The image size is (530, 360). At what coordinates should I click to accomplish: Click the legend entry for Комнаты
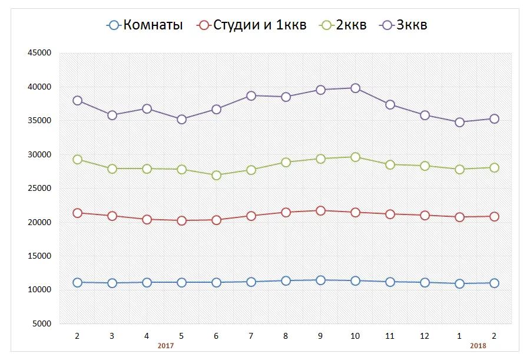pos(145,25)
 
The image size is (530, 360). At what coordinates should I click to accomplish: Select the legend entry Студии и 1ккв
pos(253,25)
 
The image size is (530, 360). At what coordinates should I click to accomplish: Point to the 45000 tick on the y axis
pos(39,53)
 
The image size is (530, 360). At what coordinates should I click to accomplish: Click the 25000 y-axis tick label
pos(39,189)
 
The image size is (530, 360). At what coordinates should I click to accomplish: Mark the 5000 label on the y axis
pos(42,324)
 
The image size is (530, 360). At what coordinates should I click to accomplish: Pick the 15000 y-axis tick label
pos(39,256)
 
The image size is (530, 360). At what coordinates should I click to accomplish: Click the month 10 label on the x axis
pos(355,336)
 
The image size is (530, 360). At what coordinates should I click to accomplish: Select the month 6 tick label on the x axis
pos(216,336)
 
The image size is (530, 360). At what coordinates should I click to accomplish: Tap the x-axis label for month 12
pos(425,336)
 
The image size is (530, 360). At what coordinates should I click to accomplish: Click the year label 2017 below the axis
pos(165,346)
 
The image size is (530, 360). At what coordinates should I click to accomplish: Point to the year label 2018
pos(478,346)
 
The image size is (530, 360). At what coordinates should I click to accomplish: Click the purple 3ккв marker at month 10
pos(355,88)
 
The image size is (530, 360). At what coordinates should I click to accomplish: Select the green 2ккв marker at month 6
pos(216,175)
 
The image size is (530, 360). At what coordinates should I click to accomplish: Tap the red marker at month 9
pos(320,210)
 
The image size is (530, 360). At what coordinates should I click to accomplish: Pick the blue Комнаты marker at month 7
pos(251,282)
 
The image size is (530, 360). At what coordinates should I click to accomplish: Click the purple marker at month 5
pos(181,119)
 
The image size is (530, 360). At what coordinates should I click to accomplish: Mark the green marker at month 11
pos(390,164)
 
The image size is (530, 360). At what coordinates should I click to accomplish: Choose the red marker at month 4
pos(147,219)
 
